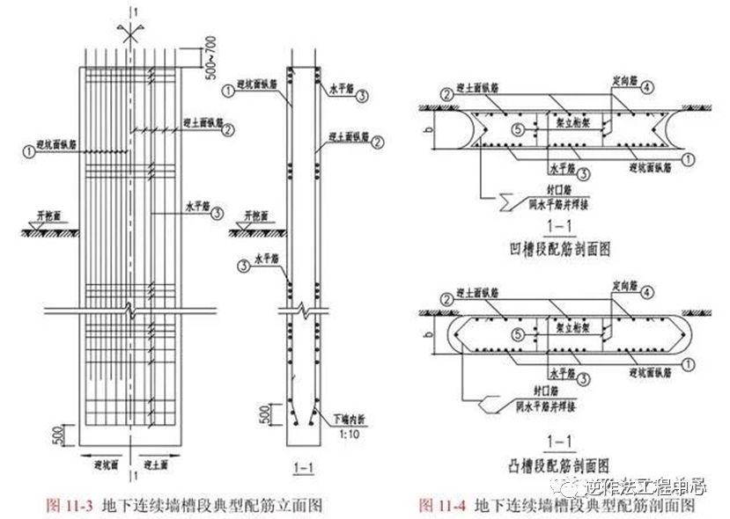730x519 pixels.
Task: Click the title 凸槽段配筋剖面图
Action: click(557, 464)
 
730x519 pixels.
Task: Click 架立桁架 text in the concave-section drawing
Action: click(564, 126)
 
